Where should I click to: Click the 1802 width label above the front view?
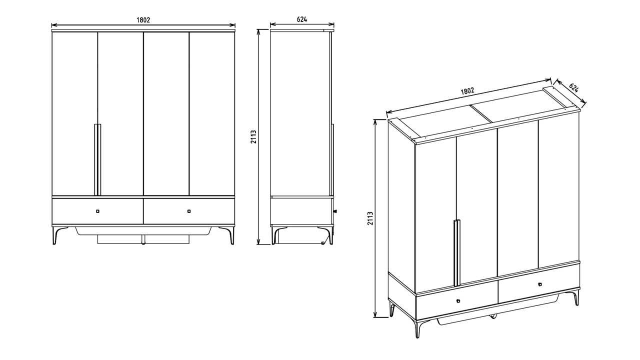pos(143,20)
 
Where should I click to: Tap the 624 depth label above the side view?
pos(302,19)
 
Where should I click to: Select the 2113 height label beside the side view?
pos(253,137)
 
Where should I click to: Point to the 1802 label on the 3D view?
pos(467,91)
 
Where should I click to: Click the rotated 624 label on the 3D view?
pos(573,87)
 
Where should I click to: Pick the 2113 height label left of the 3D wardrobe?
pos(370,218)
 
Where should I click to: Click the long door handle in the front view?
pos(97,159)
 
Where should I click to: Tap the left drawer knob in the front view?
pos(97,211)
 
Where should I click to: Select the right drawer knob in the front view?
pos(189,211)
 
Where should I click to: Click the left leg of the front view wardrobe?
pos(57,235)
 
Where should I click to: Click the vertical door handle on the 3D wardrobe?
pos(457,252)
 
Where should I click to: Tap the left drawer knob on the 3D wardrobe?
pos(458,300)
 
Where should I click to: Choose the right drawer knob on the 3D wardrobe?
pos(539,284)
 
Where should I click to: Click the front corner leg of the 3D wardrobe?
pos(418,328)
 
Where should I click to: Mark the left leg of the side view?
pos(275,235)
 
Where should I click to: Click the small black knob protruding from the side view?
pos(335,211)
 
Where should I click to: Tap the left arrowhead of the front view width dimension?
pos(53,25)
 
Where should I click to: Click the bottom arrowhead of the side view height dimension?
pos(258,242)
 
